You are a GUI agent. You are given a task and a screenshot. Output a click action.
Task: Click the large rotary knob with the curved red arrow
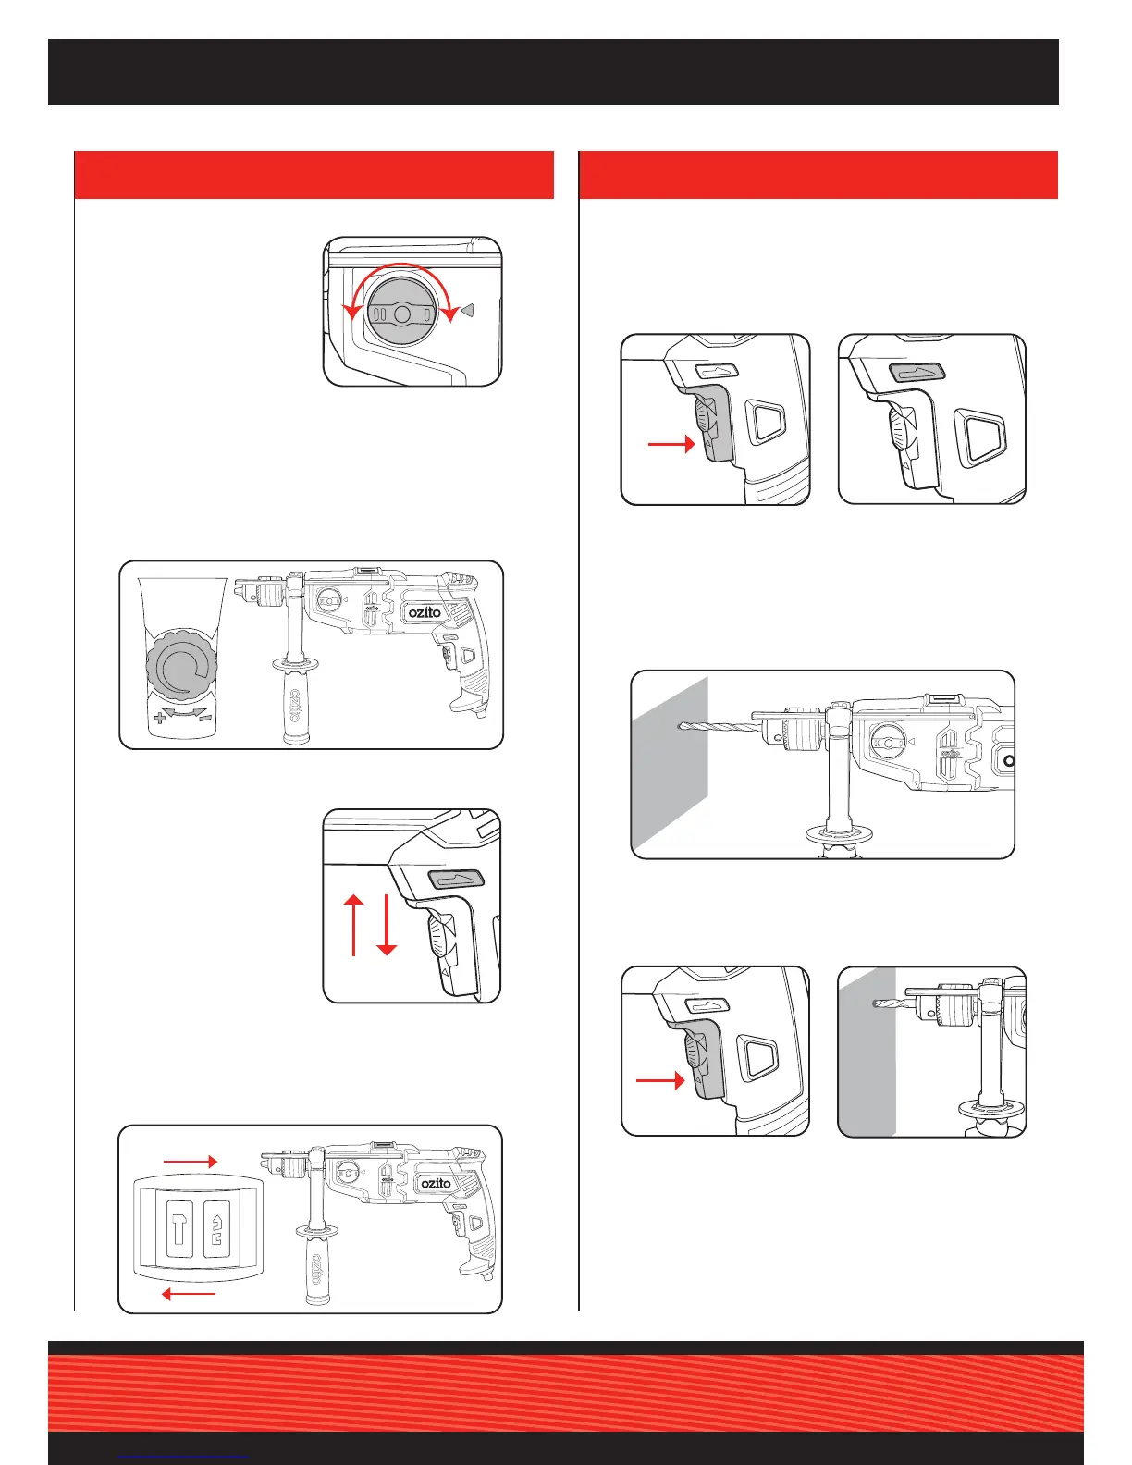pyautogui.click(x=401, y=314)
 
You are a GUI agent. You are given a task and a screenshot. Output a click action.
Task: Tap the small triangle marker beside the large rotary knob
pyautogui.click(x=468, y=311)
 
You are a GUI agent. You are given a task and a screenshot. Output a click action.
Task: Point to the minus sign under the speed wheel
pyautogui.click(x=205, y=717)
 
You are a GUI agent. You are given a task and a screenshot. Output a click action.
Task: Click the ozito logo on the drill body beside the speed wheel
pyautogui.click(x=424, y=612)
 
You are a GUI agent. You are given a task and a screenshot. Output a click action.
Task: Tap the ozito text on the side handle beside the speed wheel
pyautogui.click(x=295, y=706)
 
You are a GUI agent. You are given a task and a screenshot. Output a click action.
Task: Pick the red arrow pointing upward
pyautogui.click(x=354, y=924)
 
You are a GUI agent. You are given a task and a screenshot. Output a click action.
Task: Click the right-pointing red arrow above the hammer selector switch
pyautogui.click(x=190, y=1161)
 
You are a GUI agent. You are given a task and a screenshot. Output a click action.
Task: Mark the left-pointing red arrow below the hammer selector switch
pyautogui.click(x=190, y=1294)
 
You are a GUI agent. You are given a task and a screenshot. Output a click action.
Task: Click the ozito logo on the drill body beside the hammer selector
pyautogui.click(x=436, y=1184)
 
